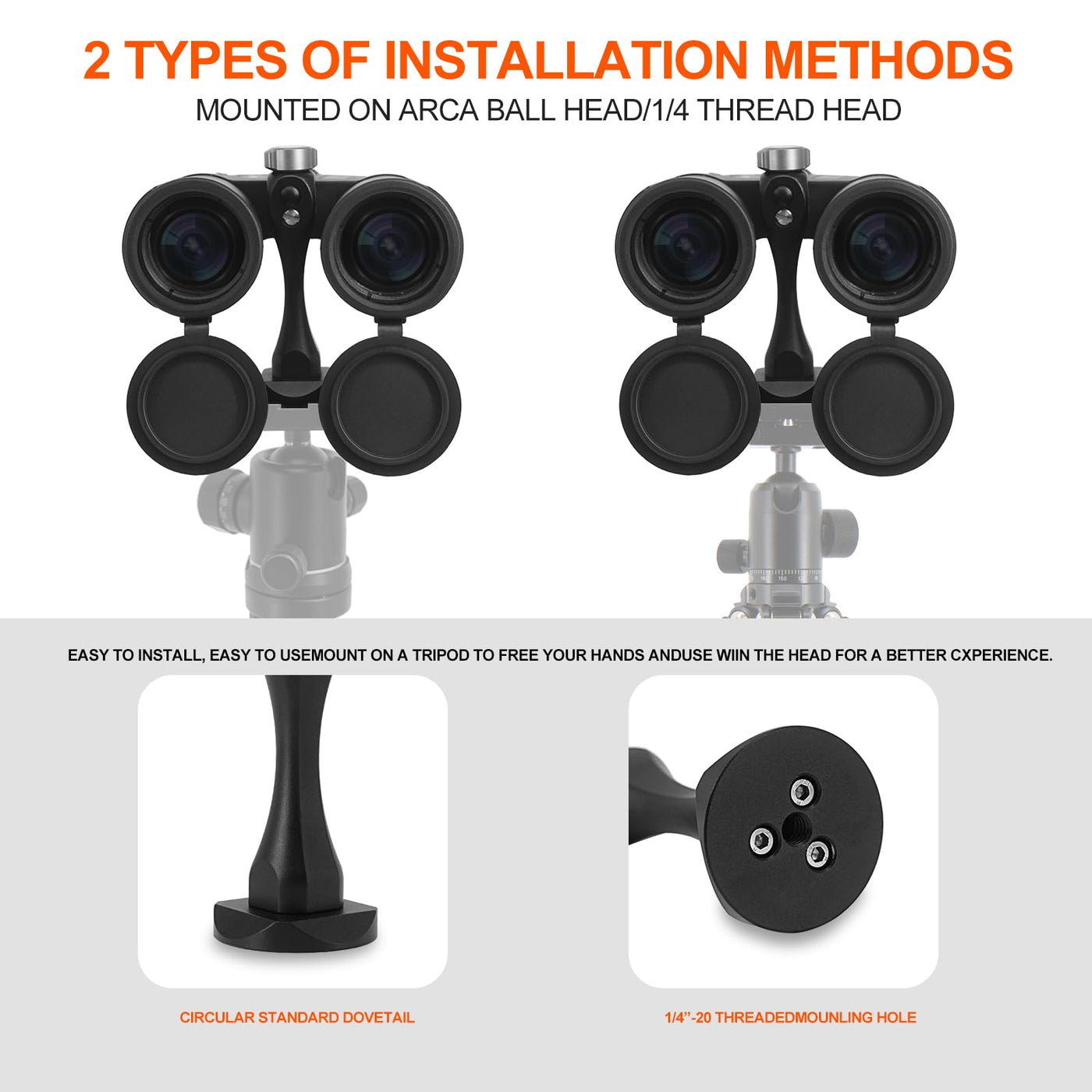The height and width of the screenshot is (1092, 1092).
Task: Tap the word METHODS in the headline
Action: click(888, 60)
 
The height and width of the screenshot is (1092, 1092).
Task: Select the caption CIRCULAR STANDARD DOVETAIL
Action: click(297, 1017)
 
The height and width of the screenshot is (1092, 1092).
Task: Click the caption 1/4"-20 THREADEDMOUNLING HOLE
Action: click(790, 1017)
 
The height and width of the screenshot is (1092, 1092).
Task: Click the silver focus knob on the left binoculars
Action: click(291, 158)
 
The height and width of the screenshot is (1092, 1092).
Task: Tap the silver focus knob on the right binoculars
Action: click(784, 158)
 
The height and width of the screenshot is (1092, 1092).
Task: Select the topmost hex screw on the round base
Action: click(803, 792)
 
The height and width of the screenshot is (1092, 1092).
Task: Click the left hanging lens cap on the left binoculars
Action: click(196, 402)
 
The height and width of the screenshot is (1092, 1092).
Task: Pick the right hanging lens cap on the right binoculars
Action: click(886, 403)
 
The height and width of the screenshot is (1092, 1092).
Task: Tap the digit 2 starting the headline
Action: click(97, 60)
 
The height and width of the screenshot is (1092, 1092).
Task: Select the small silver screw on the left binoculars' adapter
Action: click(290, 216)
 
